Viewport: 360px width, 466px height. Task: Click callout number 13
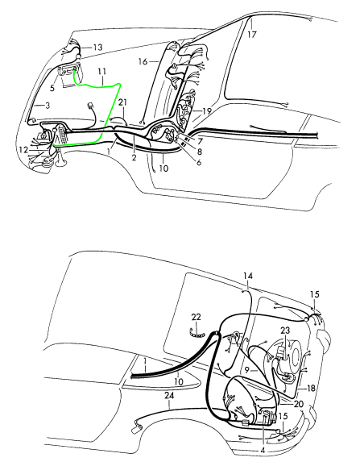pos(97,48)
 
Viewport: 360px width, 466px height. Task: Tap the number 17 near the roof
pos(251,35)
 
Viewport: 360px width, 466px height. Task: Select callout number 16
pos(143,61)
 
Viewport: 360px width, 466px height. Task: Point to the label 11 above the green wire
pos(102,72)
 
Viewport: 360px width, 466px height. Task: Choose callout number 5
pos(52,88)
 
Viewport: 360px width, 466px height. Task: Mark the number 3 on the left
pos(48,106)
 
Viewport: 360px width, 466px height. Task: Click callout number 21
pos(122,102)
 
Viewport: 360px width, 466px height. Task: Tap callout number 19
pos(207,111)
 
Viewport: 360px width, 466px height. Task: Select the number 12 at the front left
pos(23,150)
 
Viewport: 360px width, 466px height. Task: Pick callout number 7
pos(200,140)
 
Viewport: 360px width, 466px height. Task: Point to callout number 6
pos(199,162)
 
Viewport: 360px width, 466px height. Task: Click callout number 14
pos(248,276)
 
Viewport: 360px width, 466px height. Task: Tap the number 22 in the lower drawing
pos(197,317)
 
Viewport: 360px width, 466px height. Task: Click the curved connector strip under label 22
pos(198,334)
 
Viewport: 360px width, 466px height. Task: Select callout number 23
pos(285,331)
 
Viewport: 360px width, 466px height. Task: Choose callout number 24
pos(169,395)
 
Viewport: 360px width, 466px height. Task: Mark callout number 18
pos(311,388)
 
